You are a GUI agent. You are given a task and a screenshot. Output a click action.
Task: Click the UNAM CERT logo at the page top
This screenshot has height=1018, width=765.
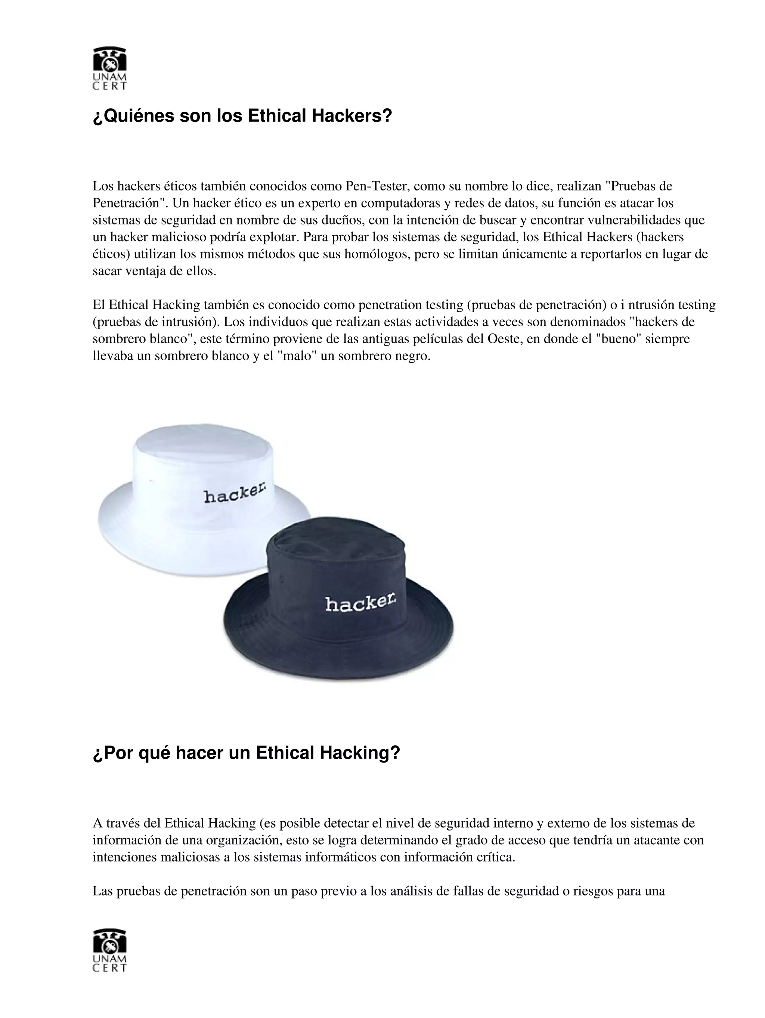click(109, 68)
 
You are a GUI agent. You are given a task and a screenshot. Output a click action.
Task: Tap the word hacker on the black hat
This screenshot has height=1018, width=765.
click(360, 602)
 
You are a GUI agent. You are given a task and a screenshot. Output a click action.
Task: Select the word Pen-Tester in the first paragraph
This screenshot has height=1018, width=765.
click(377, 186)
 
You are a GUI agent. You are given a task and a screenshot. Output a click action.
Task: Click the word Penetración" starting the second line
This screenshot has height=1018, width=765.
click(130, 204)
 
